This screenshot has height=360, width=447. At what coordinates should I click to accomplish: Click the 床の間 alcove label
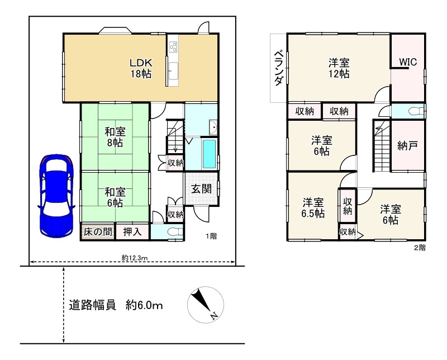pos(98,231)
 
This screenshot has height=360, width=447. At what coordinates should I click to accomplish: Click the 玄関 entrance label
pos(201,189)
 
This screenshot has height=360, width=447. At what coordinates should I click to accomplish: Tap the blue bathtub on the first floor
pos(209,154)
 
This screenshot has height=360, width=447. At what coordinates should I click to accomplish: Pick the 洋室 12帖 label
pos(339,68)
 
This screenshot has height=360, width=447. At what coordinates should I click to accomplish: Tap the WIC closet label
pos(407,62)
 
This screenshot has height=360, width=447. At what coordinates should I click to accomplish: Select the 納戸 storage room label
pos(407,146)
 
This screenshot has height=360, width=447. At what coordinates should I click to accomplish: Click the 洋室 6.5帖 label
pos(313,207)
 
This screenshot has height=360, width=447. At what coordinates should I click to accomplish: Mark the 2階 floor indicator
pos(419,247)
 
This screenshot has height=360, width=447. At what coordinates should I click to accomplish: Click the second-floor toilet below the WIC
pos(413,111)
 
